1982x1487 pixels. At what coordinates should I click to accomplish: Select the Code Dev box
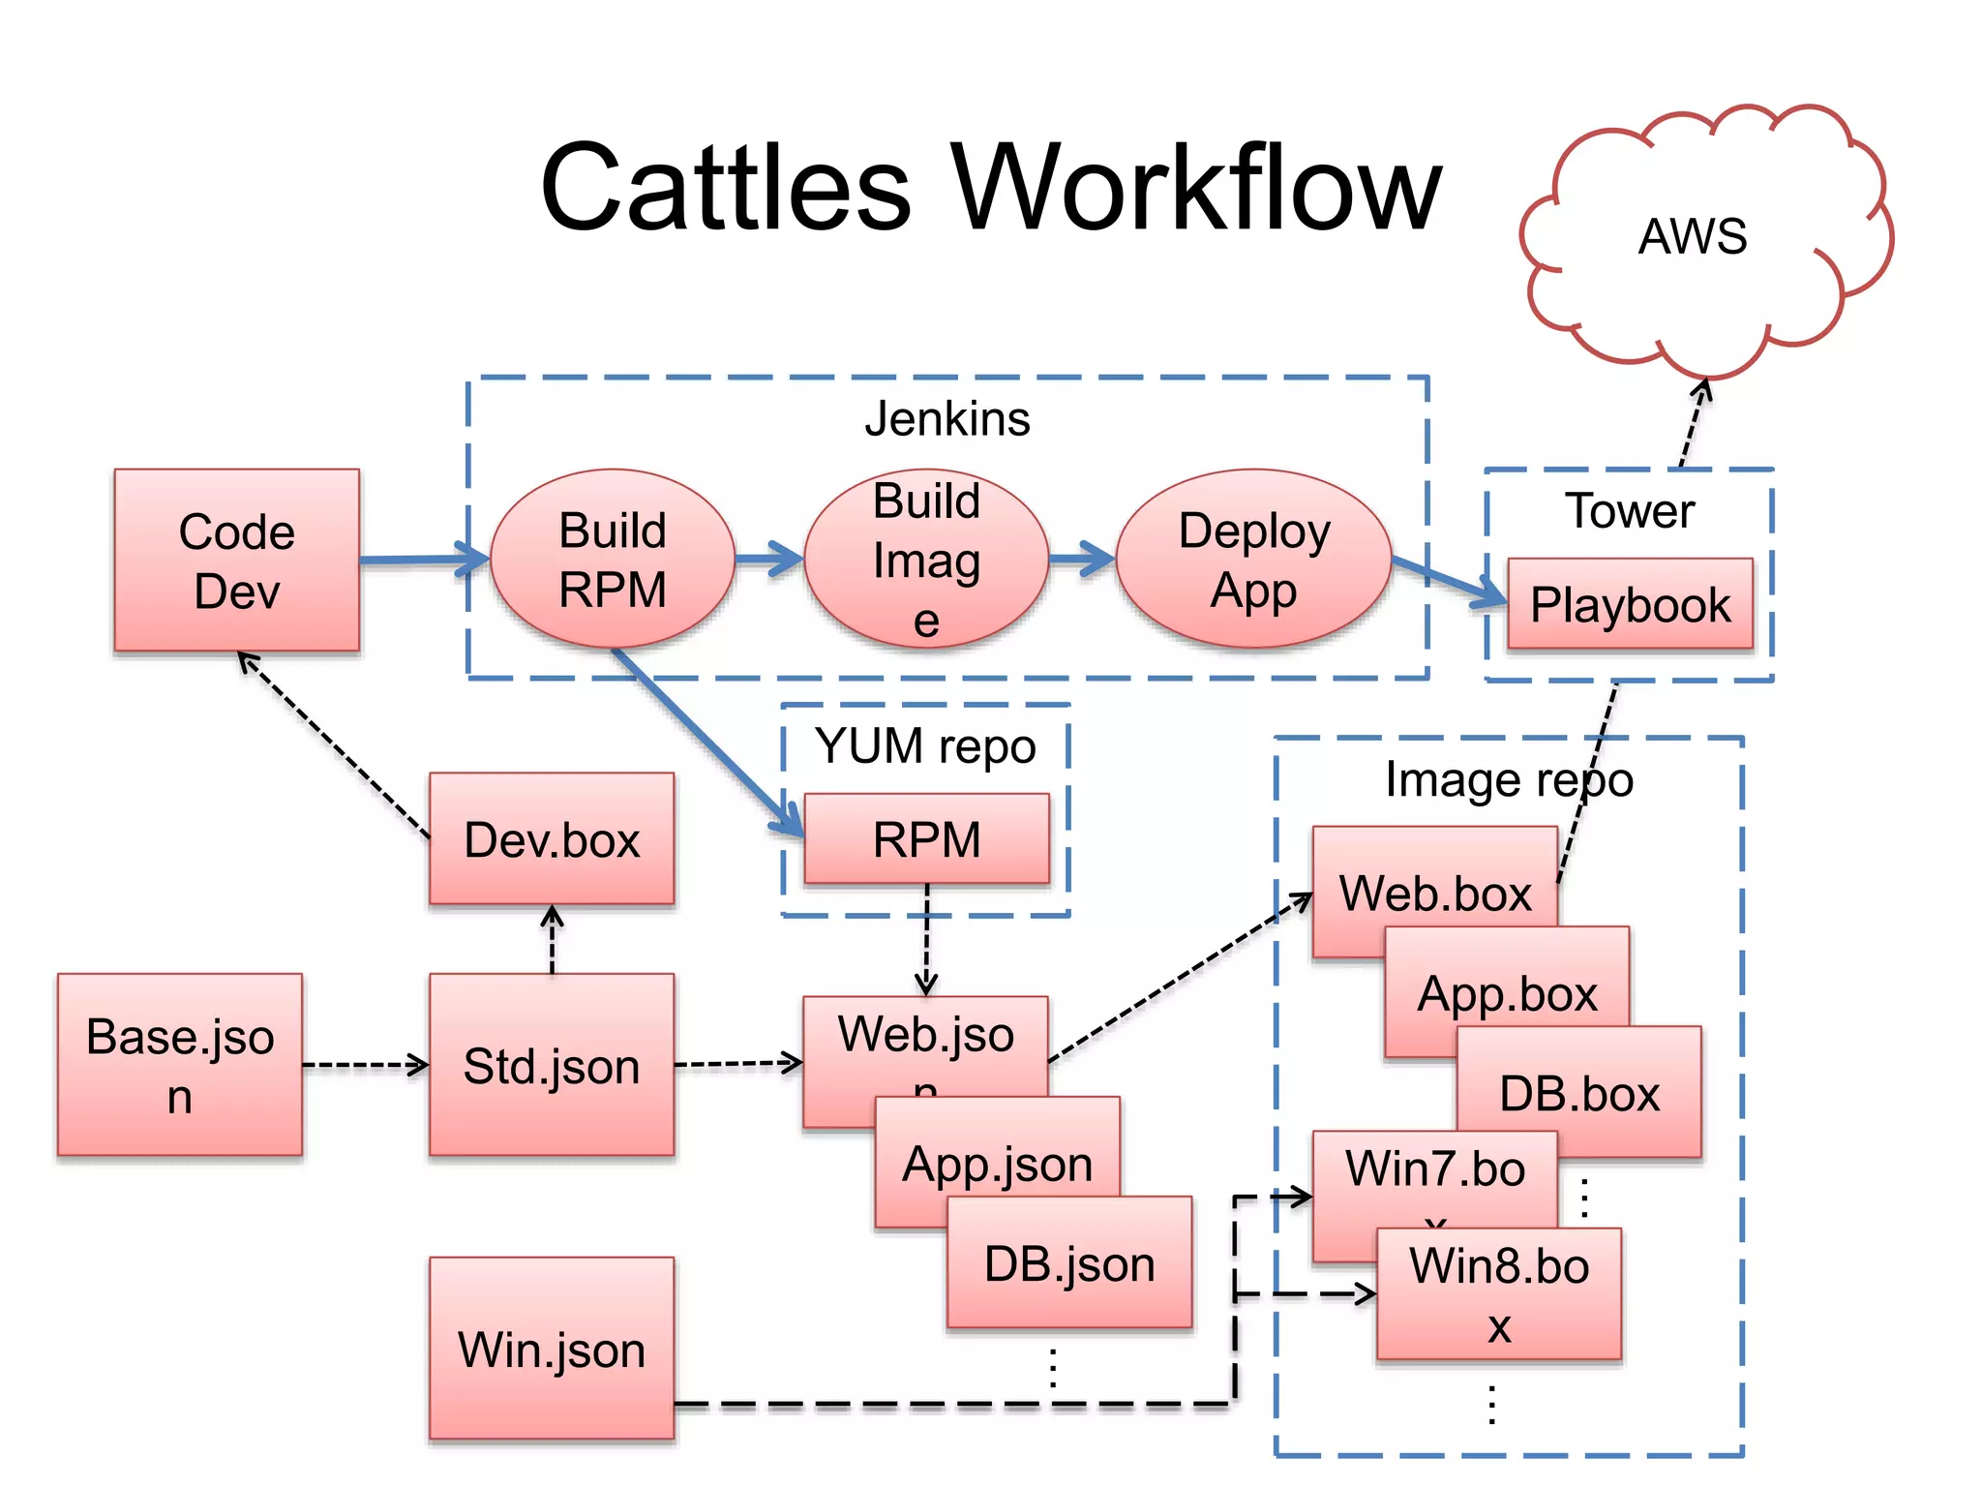click(236, 561)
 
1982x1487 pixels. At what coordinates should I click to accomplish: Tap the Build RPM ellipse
click(612, 560)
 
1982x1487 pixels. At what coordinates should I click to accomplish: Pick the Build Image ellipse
click(926, 560)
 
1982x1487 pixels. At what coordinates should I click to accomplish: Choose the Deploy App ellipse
click(1253, 560)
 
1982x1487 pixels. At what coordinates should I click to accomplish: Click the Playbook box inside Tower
click(1630, 604)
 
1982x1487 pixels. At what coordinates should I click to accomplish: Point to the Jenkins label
click(946, 419)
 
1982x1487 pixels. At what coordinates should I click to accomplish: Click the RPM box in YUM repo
click(926, 838)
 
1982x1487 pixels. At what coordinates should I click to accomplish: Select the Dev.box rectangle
click(552, 838)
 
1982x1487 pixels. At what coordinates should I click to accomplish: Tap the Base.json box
click(180, 1065)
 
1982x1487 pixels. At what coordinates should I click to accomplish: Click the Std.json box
click(552, 1065)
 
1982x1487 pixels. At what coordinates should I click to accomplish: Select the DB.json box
click(1069, 1263)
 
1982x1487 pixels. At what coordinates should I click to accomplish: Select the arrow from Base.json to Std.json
click(365, 1065)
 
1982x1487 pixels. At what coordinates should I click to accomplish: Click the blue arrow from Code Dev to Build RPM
click(416, 559)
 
